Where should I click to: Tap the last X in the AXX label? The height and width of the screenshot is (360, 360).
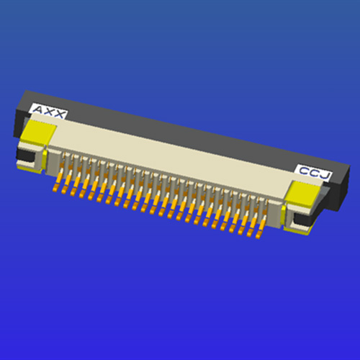58,114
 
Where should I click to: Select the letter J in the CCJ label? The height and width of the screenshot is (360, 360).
325,176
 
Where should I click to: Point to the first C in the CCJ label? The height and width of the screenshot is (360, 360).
305,171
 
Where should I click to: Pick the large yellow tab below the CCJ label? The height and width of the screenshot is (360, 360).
303,194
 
